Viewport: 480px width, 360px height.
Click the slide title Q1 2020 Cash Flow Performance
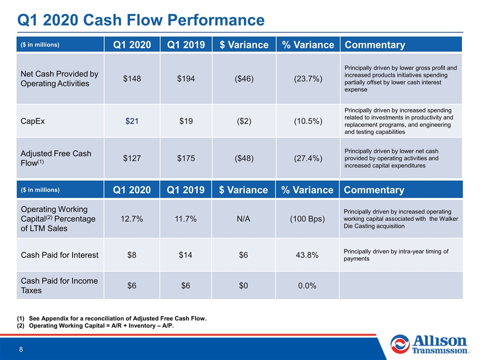tap(141, 20)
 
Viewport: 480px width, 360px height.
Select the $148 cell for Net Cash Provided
tap(132, 78)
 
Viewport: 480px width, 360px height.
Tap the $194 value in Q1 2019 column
tap(186, 78)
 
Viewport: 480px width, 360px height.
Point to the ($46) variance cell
tap(244, 78)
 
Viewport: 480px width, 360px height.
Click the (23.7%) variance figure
tap(308, 78)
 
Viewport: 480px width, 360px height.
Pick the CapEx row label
tap(32, 121)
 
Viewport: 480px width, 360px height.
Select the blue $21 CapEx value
tap(132, 121)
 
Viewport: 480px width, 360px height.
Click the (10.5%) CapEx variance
tap(308, 121)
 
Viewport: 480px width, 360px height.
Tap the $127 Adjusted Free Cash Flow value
tap(132, 158)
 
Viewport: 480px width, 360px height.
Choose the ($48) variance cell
tap(244, 158)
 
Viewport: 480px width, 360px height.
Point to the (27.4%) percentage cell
tap(308, 158)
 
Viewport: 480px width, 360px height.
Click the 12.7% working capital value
tap(131, 219)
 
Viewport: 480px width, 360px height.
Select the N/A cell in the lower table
tap(243, 219)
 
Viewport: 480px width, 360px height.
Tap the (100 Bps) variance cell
tap(307, 219)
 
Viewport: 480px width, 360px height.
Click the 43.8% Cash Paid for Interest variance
tap(307, 255)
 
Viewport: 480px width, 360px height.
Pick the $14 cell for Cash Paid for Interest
tap(185, 255)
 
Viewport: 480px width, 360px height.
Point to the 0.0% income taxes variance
tap(307, 285)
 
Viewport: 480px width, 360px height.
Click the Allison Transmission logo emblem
tap(400, 344)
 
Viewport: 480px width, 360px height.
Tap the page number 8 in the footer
tap(21, 349)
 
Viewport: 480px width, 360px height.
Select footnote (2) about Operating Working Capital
tap(95, 325)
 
